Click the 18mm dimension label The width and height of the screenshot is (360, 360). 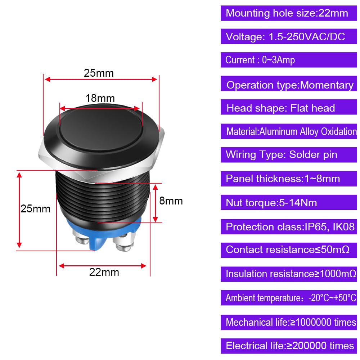[100, 98]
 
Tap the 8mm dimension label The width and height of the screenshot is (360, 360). [171, 201]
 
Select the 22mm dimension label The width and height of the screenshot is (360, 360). [104, 272]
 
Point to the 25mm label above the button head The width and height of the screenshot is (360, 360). [99, 73]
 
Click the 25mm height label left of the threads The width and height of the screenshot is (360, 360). [35, 209]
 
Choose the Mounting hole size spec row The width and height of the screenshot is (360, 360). [289, 13]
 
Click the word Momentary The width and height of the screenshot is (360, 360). [327, 85]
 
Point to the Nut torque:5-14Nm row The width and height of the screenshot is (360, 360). [289, 203]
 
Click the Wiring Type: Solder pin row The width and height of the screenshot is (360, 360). [289, 155]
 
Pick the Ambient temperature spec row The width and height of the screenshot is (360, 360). [289, 298]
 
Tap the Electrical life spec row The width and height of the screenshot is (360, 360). [289, 346]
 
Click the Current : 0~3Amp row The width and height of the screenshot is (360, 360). [289, 60]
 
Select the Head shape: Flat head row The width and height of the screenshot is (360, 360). [289, 107]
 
